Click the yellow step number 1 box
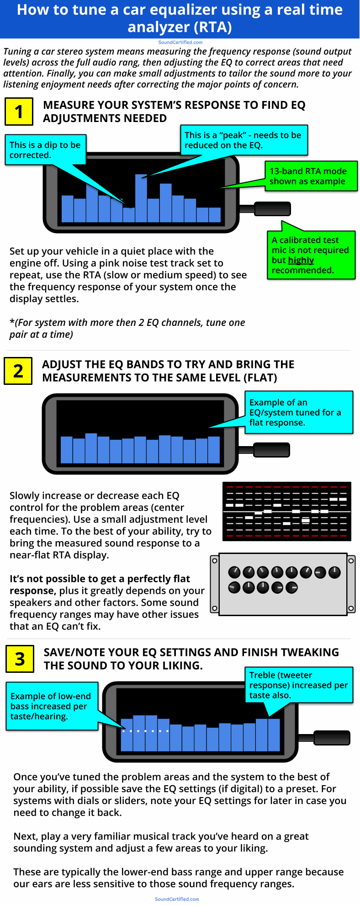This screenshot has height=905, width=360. point(19,112)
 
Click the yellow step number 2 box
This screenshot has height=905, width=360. point(18,371)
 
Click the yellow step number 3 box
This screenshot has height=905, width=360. point(20,659)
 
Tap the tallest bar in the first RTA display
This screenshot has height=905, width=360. point(141,198)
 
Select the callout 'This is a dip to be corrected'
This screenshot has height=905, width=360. point(45,150)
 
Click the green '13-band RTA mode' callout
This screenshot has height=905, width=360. point(310,176)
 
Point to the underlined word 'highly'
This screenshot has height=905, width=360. point(301,260)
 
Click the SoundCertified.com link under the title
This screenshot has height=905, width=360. point(180,43)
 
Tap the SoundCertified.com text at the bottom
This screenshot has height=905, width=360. point(177,899)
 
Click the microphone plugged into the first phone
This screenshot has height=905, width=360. point(272,209)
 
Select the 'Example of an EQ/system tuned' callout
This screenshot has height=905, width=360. point(299,412)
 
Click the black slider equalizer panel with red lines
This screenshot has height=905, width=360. point(286,511)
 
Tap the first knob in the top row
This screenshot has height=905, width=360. point(234,572)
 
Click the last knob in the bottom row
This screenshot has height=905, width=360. point(291,587)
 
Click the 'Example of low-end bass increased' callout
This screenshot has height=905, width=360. point(52,706)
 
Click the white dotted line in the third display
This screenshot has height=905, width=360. point(145,731)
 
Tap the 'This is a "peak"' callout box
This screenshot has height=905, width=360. point(244,140)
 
